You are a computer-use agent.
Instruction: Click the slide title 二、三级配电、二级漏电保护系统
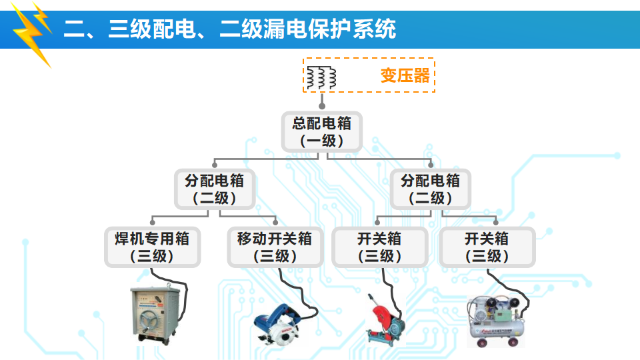click(230, 29)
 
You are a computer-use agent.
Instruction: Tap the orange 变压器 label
click(405, 75)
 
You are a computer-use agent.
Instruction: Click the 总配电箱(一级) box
click(321, 131)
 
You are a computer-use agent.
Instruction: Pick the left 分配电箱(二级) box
click(214, 189)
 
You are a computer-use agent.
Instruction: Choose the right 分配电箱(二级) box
click(430, 189)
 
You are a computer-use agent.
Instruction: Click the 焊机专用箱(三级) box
click(152, 247)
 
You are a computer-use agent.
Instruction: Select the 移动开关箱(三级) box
click(275, 247)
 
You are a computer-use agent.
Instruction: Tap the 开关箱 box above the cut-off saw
click(379, 247)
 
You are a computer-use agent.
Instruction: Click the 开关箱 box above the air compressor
click(487, 247)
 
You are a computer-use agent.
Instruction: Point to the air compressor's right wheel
click(513, 342)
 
